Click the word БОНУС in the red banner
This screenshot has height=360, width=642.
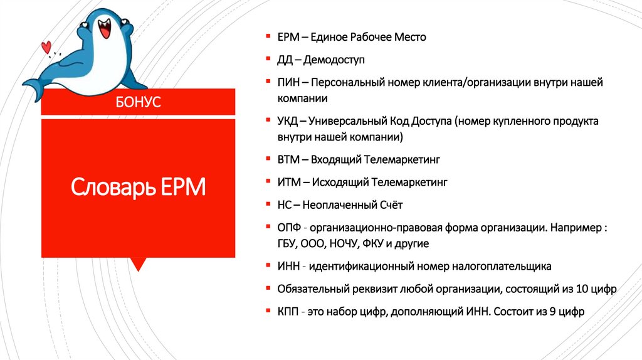138,102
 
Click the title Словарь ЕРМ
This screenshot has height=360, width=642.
138,187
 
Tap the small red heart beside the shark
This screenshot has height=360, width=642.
46,46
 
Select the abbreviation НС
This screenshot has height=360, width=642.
284,204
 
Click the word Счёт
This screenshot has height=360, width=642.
391,204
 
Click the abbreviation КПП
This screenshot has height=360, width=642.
288,311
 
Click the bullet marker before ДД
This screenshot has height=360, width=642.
266,60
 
